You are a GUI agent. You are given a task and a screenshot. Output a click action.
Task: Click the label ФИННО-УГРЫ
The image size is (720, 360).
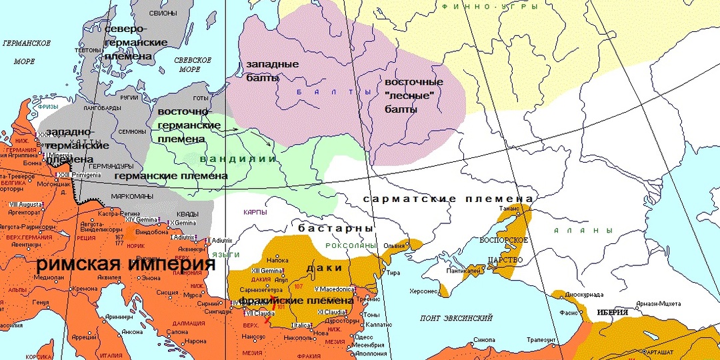478,6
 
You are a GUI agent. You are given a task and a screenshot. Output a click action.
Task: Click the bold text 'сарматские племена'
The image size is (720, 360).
447,199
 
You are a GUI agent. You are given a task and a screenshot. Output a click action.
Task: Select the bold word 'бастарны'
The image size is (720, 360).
335,228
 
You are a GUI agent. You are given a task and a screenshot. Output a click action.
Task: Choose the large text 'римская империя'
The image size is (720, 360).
125,264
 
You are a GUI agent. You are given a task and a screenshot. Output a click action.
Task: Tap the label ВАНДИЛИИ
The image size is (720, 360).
237,159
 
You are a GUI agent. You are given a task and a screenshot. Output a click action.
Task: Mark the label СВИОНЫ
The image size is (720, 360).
163,13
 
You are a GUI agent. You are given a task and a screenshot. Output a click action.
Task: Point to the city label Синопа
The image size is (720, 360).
483,339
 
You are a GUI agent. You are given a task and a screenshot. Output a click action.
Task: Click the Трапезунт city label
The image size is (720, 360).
547,339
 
